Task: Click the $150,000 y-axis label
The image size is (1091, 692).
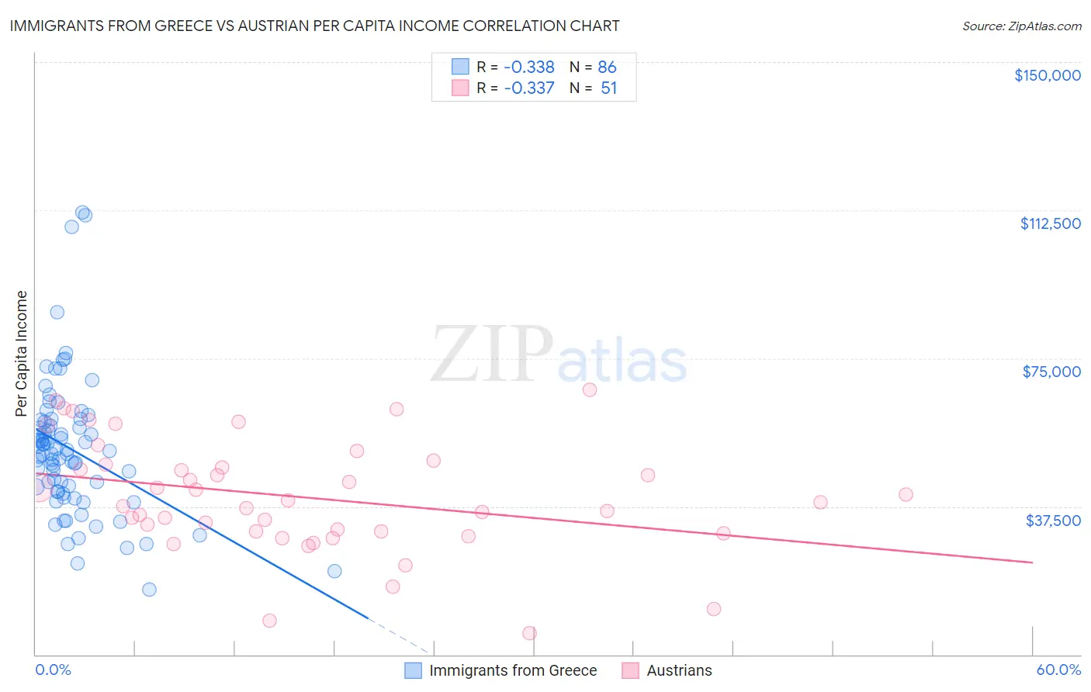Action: coord(1047,75)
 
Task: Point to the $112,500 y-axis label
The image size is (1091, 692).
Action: coord(1050,223)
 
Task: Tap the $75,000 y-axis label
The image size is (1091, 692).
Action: coord(1051,372)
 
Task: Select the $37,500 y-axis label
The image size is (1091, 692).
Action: coord(1053,521)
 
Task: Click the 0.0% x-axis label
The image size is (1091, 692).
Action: coord(53,670)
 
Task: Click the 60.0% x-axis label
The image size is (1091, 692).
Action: coord(1058,670)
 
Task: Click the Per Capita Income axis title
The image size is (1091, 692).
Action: coord(22,353)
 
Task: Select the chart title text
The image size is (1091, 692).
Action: coord(314,26)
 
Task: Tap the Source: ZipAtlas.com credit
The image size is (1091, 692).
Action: coord(1021,26)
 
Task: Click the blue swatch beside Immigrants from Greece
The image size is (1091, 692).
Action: coord(414,670)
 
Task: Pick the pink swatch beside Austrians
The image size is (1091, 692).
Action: coord(630,670)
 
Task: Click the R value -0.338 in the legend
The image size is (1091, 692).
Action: coord(529,67)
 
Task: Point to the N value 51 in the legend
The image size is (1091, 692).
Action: coord(608,88)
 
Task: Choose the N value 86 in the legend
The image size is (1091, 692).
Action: coord(607,67)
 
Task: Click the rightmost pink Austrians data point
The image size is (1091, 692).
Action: coord(906,494)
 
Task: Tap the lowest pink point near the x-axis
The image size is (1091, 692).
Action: coord(529,633)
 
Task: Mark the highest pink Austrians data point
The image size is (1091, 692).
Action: coord(590,389)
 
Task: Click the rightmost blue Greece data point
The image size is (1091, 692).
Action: coord(334,571)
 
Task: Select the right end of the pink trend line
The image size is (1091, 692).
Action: coord(1032,562)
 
